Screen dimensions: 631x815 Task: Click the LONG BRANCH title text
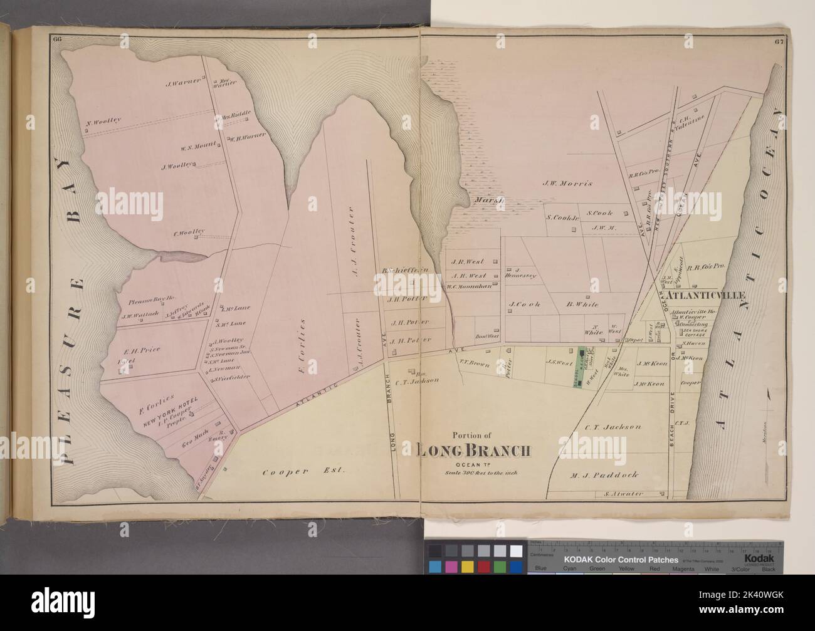pyautogui.click(x=474, y=451)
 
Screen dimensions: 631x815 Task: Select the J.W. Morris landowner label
pyautogui.click(x=567, y=184)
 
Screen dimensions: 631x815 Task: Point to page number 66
pyautogui.click(x=58, y=41)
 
